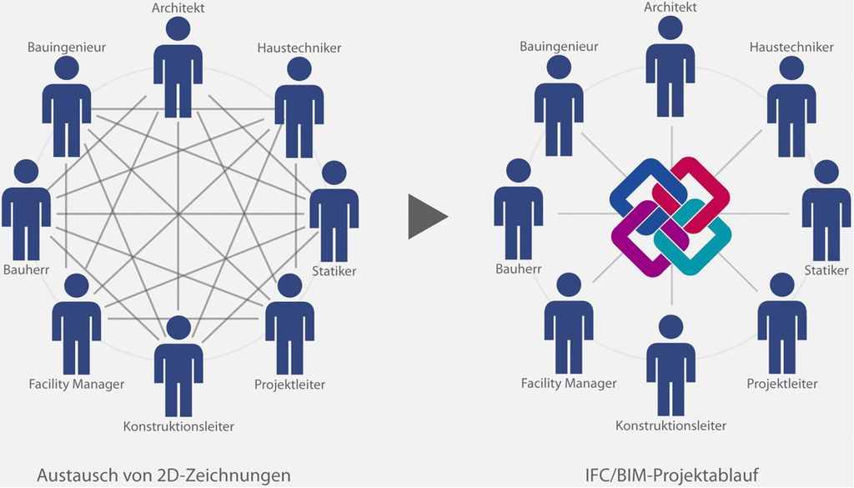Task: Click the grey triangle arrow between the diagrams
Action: pos(426,217)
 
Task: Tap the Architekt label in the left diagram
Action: pos(178,8)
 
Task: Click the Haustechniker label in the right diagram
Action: pos(791,47)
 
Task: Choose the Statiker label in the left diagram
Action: pos(334,271)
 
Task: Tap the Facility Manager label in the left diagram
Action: pos(76,385)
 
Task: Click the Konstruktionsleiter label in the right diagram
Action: pos(671,425)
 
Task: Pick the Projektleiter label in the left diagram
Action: pos(289,385)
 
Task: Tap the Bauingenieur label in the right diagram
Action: pos(559,47)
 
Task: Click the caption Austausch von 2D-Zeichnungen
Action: pos(163,475)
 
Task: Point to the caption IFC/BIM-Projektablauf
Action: pos(672,475)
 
